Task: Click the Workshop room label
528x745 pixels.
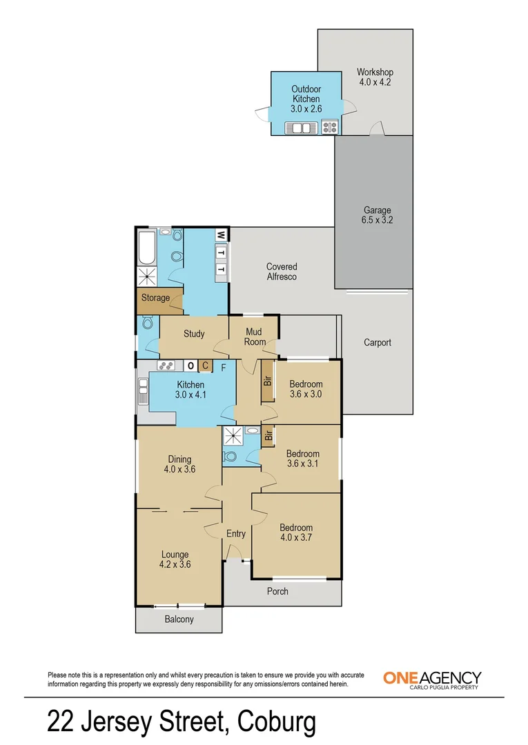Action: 375,72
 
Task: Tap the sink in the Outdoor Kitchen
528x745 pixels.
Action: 301,128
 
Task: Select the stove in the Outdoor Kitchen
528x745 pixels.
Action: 329,128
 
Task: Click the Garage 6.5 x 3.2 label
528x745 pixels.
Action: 378,215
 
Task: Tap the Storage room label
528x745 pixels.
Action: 155,298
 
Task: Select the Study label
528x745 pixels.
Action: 194,334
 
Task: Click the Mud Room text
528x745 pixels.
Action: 255,337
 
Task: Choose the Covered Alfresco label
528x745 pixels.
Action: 282,271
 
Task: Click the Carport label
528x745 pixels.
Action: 378,342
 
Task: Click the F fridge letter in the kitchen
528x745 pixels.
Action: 223,366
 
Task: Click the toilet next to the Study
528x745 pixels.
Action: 146,323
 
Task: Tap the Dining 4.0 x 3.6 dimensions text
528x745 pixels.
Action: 179,470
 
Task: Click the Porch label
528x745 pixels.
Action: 278,591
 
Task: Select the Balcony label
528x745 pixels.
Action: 179,619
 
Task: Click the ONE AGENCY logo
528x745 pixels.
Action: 432,679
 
